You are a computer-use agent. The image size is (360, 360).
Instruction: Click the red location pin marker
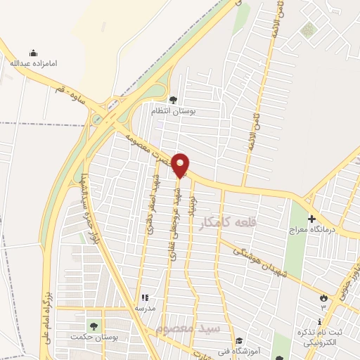coord(181,166)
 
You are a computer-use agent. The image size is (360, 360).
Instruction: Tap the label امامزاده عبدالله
coord(33,63)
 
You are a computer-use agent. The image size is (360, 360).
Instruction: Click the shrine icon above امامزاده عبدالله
coord(33,53)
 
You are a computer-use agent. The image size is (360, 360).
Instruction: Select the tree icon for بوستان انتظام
coord(173,99)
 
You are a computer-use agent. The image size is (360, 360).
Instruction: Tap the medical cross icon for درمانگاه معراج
coord(311,219)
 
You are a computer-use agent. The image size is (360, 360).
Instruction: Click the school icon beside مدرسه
coord(146,298)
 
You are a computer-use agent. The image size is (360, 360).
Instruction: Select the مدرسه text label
coord(145,308)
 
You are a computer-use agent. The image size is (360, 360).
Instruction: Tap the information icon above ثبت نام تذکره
coord(320,321)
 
